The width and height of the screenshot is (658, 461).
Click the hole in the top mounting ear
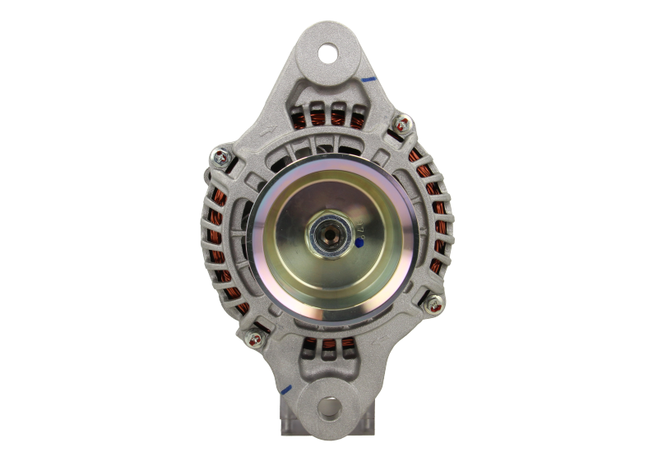[331, 55]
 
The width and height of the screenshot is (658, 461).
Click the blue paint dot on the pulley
[359, 243]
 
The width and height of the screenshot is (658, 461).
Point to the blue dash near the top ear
[368, 80]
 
